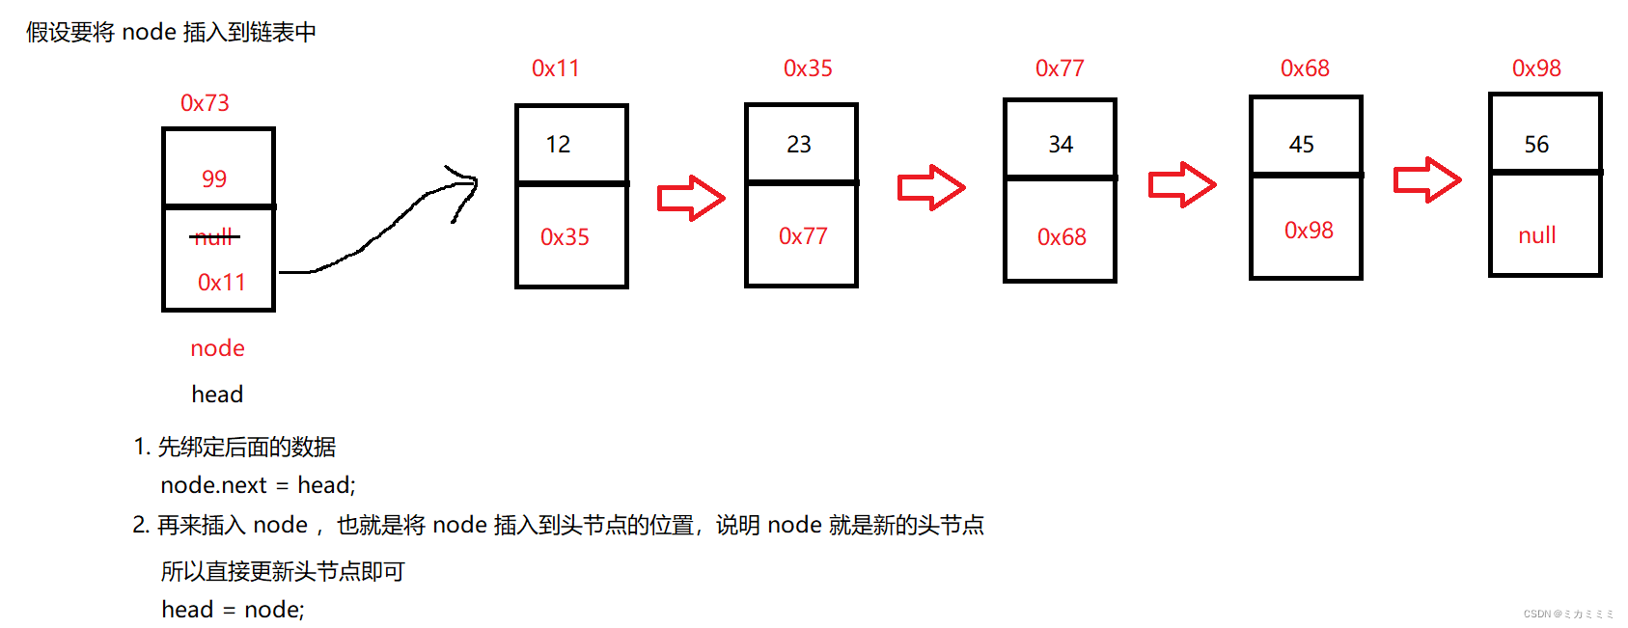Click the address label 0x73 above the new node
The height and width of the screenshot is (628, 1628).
pos(205,103)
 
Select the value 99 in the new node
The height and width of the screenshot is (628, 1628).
pos(214,178)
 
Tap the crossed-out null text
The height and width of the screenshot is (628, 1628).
pos(214,236)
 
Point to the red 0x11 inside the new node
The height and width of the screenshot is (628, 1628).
pos(221,282)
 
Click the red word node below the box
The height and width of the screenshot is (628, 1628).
pos(217,348)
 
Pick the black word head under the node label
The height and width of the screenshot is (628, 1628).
pos(217,395)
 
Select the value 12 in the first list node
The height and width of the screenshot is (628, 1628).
pos(558,145)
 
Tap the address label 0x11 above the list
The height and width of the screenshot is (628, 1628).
pos(555,68)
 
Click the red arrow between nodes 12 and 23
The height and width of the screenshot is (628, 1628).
pos(690,198)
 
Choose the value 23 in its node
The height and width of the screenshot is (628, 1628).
pos(799,145)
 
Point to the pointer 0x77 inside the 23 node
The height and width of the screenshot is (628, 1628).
pos(803,236)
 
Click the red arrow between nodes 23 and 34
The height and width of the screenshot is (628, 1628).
pos(930,187)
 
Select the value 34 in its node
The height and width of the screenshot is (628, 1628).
pos(1061,145)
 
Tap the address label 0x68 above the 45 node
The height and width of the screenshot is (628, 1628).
pos(1305,68)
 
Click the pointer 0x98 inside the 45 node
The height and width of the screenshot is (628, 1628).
pos(1309,231)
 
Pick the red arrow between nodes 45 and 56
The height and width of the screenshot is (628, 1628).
pos(1426,179)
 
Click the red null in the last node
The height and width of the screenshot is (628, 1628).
pos(1537,235)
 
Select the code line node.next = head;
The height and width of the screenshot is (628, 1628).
pos(258,485)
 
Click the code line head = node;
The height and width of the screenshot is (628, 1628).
pos(233,610)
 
